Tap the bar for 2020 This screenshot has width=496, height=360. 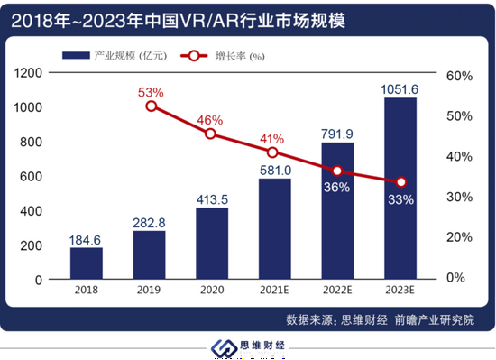212,243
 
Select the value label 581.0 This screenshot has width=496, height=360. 274,167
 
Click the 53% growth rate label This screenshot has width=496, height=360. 151,92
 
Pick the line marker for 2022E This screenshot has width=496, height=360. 337,171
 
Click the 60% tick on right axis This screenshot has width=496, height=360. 458,76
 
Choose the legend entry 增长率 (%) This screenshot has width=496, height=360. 231,56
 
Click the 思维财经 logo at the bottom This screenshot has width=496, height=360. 248,347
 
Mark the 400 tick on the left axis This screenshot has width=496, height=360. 32,211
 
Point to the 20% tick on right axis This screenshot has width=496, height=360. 458,237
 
